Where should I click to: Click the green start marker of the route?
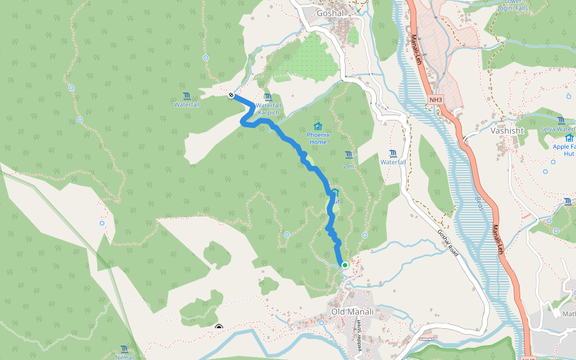point(345,265)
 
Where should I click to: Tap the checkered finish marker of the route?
point(230,95)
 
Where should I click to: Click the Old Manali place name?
point(352,311)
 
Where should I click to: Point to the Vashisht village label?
point(507,130)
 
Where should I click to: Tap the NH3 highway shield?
point(436,99)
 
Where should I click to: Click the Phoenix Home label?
point(317,139)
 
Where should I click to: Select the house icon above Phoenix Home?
point(317,127)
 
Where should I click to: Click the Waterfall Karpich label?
point(269,109)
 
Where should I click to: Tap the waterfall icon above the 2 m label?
point(349,155)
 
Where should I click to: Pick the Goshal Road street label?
point(448,244)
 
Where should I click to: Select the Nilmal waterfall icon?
point(124,349)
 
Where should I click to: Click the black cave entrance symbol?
point(219,328)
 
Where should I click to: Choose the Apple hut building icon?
point(569,137)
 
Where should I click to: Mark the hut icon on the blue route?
point(335,193)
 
